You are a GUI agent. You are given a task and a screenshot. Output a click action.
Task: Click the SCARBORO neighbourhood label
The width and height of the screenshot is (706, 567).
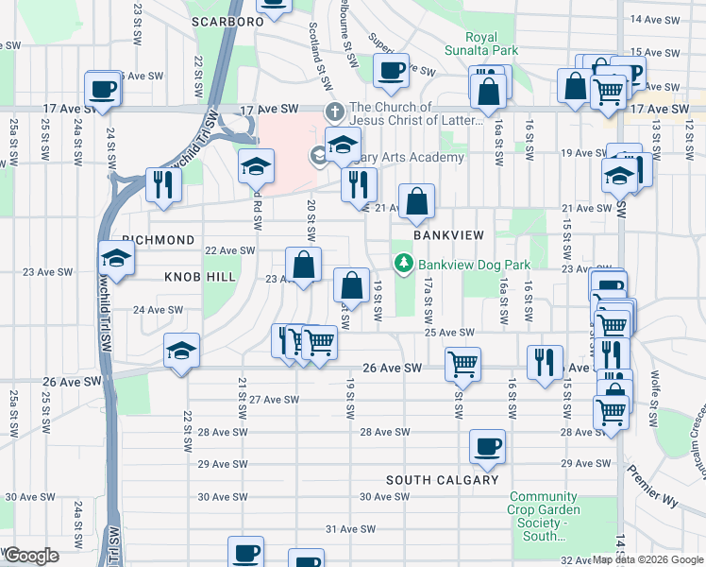coord(226,21)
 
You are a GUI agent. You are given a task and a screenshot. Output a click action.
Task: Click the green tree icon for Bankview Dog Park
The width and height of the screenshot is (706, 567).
coord(404,264)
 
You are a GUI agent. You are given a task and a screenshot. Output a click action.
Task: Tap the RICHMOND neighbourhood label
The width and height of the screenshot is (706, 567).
coord(158,241)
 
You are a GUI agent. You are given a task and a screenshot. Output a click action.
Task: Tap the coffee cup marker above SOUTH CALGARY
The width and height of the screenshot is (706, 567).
coord(487,447)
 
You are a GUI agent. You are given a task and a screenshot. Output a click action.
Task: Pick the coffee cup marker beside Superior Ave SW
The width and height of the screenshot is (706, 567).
coord(390,70)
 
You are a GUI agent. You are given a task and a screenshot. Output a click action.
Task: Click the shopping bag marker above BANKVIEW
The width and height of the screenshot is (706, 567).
coord(416,201)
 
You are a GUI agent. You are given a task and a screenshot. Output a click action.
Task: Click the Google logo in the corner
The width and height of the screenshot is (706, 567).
coord(31,555)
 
